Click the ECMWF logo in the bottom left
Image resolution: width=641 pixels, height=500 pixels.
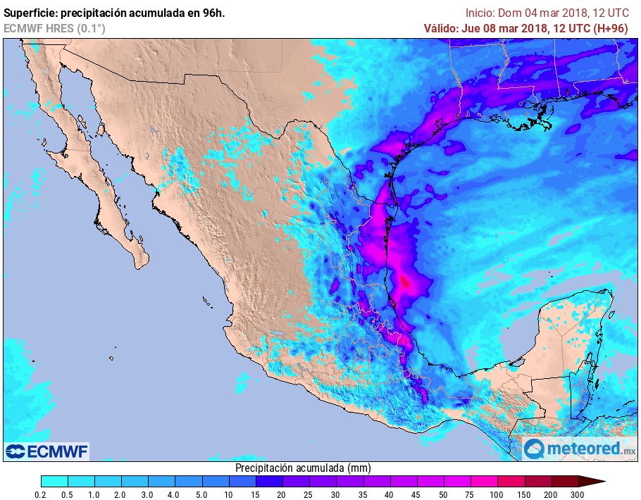[x=47, y=451]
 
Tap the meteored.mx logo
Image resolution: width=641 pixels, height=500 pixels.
[x=578, y=448]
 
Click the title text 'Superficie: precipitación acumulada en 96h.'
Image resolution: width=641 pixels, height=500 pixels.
[x=114, y=12]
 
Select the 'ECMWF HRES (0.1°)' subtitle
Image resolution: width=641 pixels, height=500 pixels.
[x=54, y=28]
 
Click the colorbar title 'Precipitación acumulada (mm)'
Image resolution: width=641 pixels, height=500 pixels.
[x=302, y=468]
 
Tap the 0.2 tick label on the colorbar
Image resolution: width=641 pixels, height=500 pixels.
[x=42, y=494]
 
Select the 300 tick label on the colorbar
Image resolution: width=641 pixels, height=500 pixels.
[x=578, y=494]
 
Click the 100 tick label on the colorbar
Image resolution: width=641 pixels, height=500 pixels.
[x=497, y=494]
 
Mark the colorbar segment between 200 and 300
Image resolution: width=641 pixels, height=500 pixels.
[x=565, y=481]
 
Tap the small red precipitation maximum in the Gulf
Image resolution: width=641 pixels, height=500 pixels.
[x=405, y=282]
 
